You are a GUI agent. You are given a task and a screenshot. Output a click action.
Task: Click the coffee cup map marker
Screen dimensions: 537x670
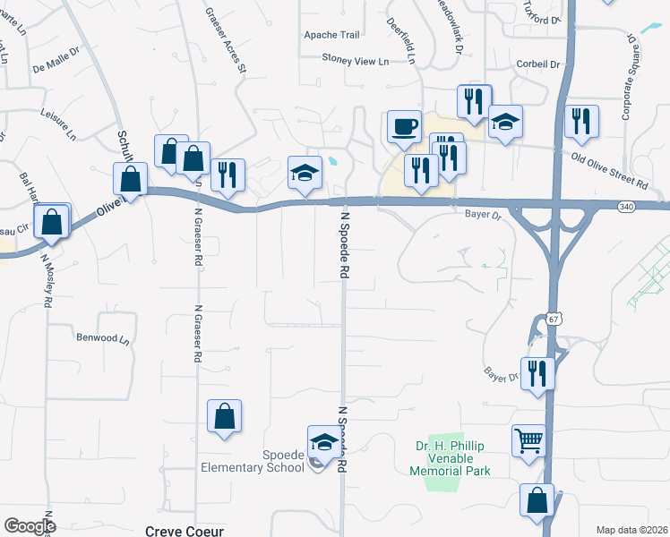click(404, 127)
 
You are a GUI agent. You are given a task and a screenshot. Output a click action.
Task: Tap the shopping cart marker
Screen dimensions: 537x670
click(529, 440)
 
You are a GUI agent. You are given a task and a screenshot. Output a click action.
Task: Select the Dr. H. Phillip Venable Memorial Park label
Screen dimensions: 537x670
click(452, 458)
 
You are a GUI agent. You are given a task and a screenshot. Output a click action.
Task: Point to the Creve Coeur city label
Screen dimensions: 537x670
click(184, 531)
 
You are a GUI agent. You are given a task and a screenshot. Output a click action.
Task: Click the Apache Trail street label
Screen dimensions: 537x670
click(331, 35)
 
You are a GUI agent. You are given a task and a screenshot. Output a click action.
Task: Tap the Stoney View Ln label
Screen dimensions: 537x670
click(356, 60)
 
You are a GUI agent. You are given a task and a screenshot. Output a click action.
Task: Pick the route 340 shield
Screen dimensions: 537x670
click(626, 207)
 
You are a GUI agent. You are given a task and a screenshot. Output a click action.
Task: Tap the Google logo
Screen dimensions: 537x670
click(30, 525)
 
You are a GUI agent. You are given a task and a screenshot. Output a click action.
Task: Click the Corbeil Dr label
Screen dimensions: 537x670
click(538, 64)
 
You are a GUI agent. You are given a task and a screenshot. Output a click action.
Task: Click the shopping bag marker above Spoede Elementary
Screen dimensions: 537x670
click(224, 416)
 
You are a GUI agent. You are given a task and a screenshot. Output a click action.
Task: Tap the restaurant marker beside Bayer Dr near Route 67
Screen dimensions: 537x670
click(537, 372)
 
